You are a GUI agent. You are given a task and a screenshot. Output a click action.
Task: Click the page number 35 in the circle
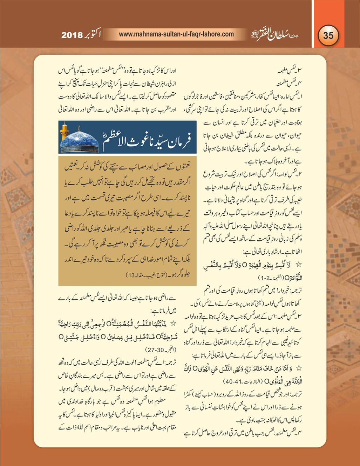[328, 35]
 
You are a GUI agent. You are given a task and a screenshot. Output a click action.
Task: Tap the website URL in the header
[176, 34]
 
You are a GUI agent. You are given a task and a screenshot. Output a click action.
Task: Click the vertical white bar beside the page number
[313, 24]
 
